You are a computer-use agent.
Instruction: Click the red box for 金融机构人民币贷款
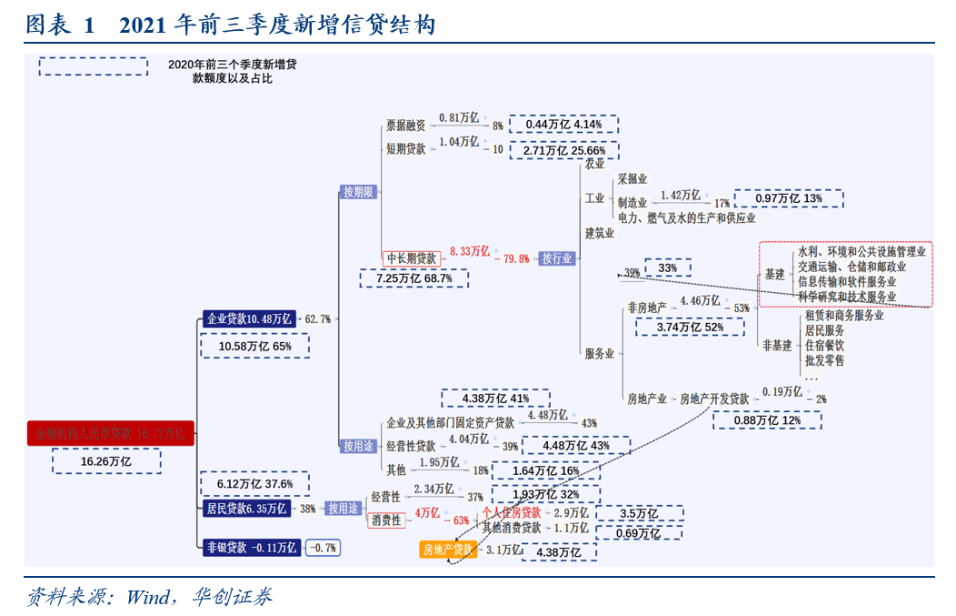coord(110,434)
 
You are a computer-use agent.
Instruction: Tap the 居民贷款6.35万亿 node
coord(247,509)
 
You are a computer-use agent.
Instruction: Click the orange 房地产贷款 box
coord(448,550)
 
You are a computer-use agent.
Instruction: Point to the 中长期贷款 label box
coord(411,258)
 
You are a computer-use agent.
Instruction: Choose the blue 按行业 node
coord(557,258)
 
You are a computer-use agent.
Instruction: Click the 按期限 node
coord(358,192)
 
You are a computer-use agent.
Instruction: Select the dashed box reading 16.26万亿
coord(106,462)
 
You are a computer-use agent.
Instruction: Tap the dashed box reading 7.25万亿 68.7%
coord(414,278)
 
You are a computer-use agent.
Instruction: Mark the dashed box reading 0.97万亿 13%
coord(787,198)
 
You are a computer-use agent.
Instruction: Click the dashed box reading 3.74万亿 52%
coord(690,327)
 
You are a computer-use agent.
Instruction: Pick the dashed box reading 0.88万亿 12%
coord(766,420)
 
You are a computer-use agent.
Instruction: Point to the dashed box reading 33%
coord(668,268)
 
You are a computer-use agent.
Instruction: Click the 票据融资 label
coord(405,126)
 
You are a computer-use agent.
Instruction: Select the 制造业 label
coord(632,203)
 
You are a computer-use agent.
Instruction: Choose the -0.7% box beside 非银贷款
coord(322,548)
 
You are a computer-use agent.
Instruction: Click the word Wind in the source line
coord(148,597)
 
